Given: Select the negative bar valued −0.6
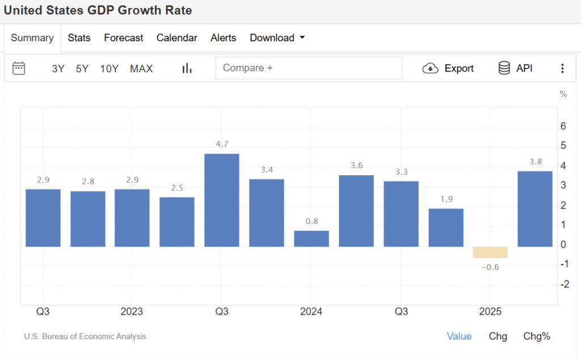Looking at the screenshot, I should [x=490, y=252].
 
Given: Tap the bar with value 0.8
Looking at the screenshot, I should [x=311, y=239].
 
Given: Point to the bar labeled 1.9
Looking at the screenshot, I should [x=446, y=227].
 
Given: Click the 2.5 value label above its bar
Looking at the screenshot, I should [x=177, y=188].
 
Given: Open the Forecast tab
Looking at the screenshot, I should [x=124, y=38].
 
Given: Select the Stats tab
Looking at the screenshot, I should [x=79, y=38].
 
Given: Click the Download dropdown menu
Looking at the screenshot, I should [x=277, y=38].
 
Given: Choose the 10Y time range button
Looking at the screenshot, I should [x=110, y=69].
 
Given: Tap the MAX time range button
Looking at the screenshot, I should [x=141, y=69].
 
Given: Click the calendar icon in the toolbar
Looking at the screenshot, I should [x=19, y=69].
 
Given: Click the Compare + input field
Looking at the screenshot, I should [x=309, y=68].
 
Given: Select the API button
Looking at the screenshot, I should [x=515, y=69].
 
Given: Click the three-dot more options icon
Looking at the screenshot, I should [x=562, y=69].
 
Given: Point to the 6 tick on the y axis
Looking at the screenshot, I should [x=563, y=126].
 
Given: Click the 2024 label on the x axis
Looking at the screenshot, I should [x=311, y=312].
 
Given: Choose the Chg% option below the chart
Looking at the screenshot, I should [x=537, y=336].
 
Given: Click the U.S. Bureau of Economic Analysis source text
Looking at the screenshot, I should [x=85, y=336].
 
